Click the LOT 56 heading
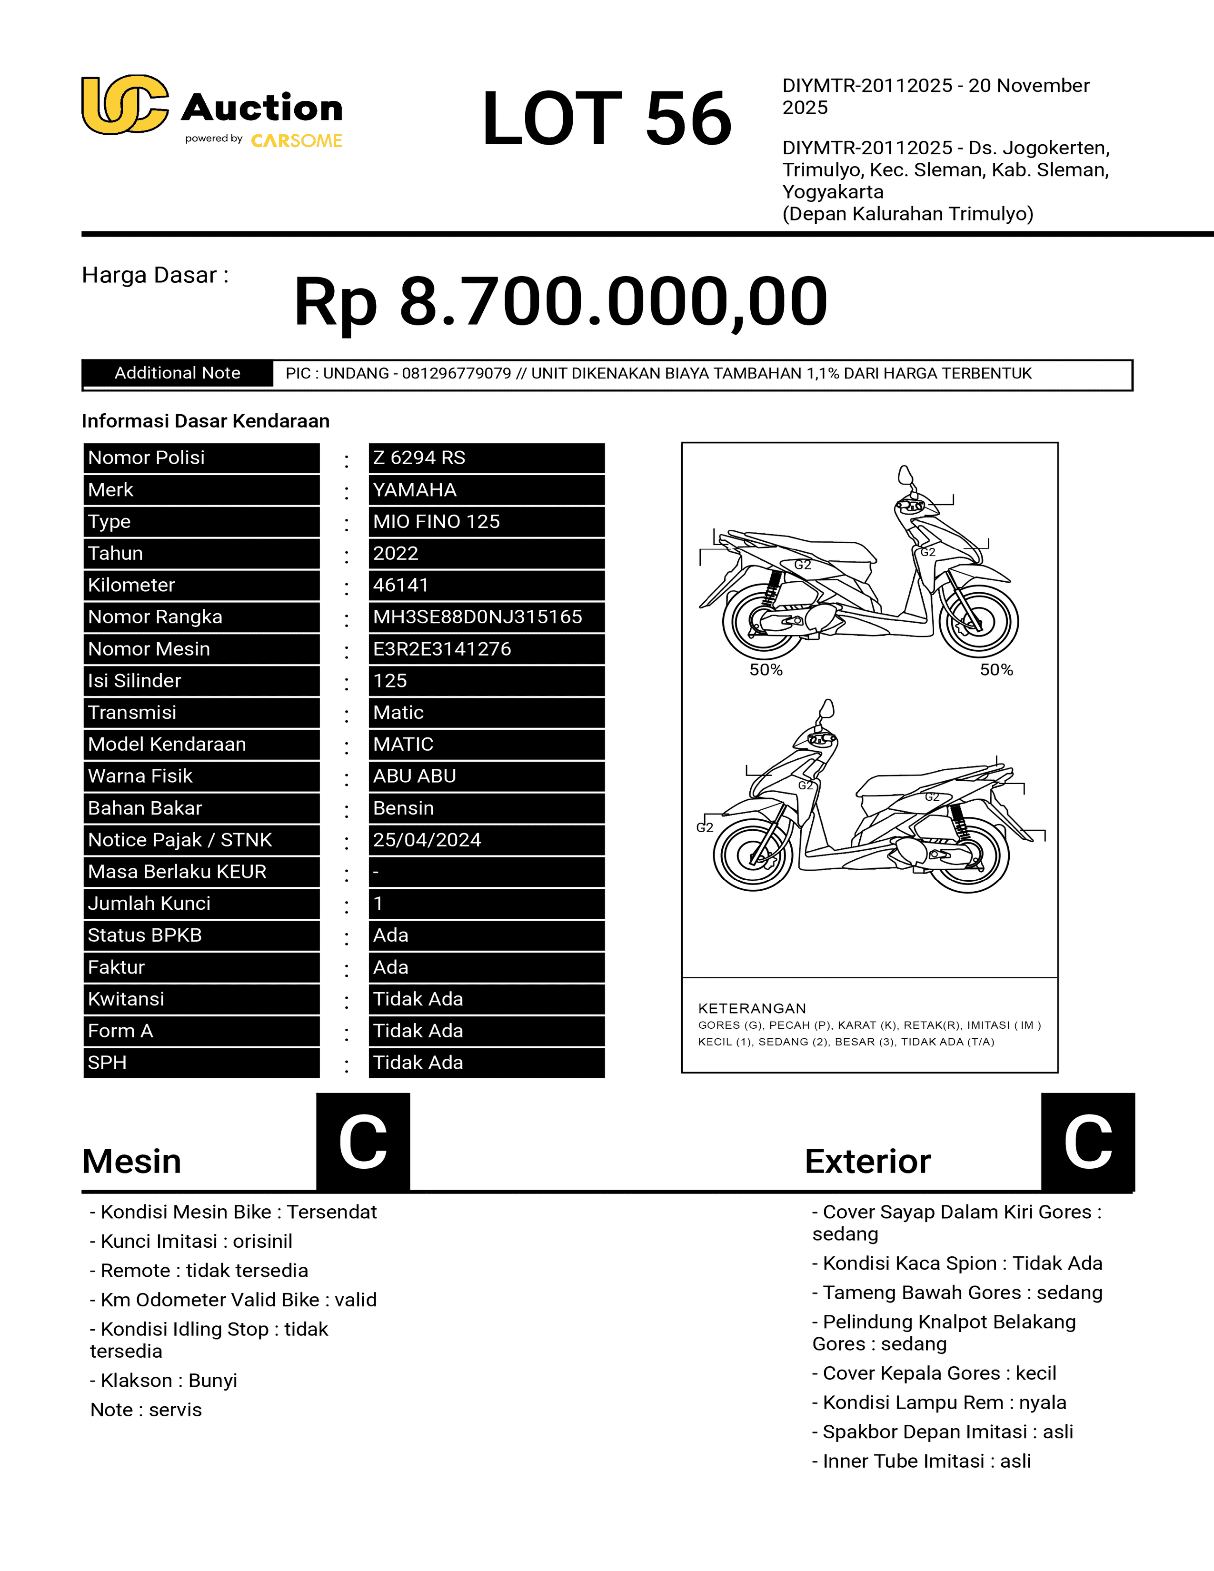tap(606, 118)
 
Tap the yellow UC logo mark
tap(124, 105)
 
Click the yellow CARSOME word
tap(296, 141)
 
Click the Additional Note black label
tap(178, 373)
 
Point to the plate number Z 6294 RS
tap(419, 458)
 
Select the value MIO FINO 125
tap(437, 521)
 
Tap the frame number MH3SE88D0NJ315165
tap(478, 617)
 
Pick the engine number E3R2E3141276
tap(442, 649)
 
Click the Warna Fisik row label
tap(140, 776)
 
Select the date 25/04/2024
tap(427, 840)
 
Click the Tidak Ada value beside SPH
tap(418, 1063)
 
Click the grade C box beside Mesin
tap(363, 1142)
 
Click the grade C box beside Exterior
tap(1087, 1142)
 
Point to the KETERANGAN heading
tap(752, 1008)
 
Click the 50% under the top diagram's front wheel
tap(996, 670)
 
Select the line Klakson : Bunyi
tap(163, 1381)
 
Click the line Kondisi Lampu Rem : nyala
tap(938, 1402)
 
